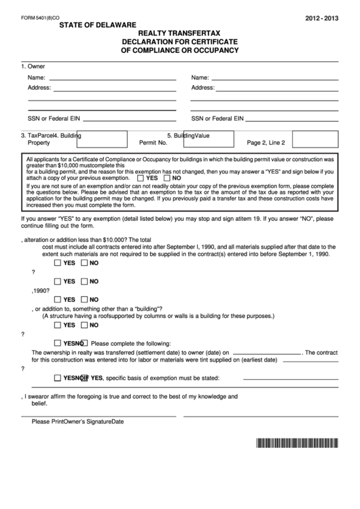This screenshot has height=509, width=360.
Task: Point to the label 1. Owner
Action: pyautogui.click(x=33, y=67)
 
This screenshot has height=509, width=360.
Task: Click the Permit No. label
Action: pyautogui.click(x=153, y=143)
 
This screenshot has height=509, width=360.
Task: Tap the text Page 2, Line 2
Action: pyautogui.click(x=266, y=143)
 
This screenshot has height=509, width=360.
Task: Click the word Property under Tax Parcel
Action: pyautogui.click(x=39, y=143)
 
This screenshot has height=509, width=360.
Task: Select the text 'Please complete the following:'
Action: pyautogui.click(x=130, y=343)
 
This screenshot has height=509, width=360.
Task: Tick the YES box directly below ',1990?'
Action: pyautogui.click(x=57, y=298)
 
